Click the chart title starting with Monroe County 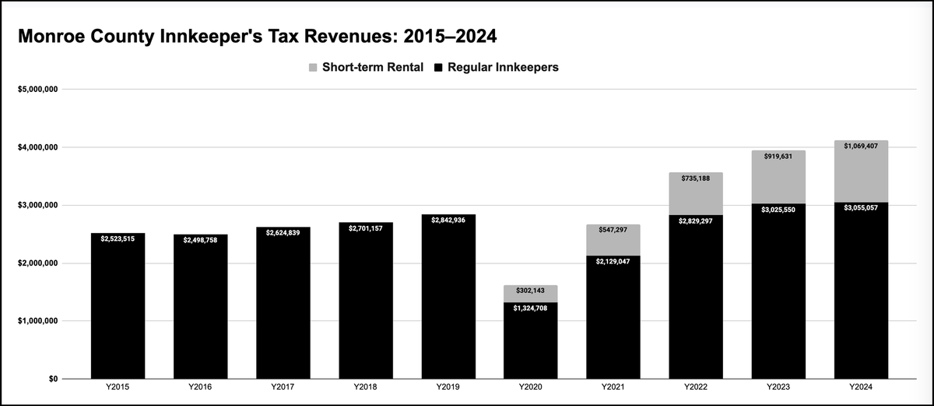pos(257,37)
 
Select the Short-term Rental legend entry pos(366,68)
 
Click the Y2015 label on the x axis pos(118,387)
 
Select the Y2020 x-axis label pos(530,387)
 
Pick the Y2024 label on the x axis pos(861,387)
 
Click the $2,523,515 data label pos(118,238)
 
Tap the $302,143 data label pos(530,291)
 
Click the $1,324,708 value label pos(530,309)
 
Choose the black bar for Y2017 pos(283,312)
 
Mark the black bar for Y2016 pos(200,312)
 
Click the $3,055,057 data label pos(861,208)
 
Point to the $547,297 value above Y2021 pos(613,230)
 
